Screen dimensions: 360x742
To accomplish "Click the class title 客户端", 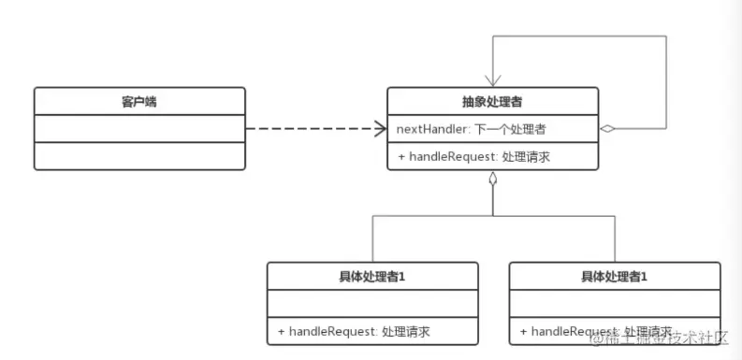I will pyautogui.click(x=138, y=101).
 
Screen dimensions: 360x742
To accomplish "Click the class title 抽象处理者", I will pyautogui.click(x=492, y=101).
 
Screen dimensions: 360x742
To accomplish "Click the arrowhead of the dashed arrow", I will pyautogui.click(x=380, y=129).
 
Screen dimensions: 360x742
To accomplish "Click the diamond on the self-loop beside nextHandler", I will pyautogui.click(x=608, y=129).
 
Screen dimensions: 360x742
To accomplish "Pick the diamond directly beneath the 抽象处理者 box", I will pyautogui.click(x=492, y=180).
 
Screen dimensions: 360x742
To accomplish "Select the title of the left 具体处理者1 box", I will pyautogui.click(x=372, y=277).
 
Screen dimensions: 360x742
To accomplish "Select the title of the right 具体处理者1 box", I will pyautogui.click(x=615, y=277).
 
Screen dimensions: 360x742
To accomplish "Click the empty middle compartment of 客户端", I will pyautogui.click(x=138, y=129).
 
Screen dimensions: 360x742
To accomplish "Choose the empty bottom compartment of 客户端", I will pyautogui.click(x=138, y=156).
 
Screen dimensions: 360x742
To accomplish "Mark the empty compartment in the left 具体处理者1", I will pyautogui.click(x=372, y=304).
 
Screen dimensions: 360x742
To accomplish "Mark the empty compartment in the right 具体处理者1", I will pyautogui.click(x=615, y=304).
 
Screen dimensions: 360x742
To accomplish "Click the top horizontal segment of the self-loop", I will pyautogui.click(x=580, y=36).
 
